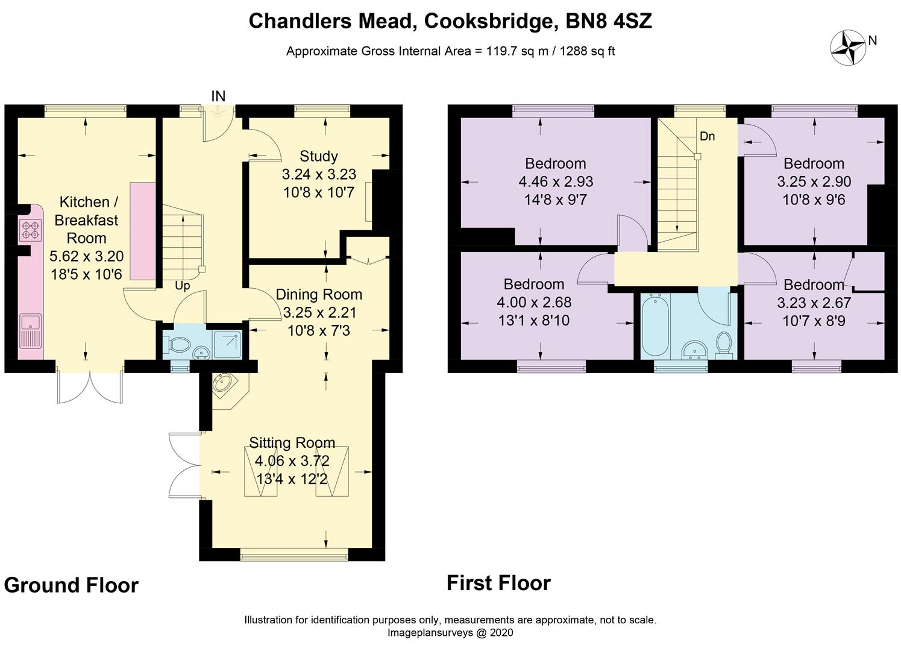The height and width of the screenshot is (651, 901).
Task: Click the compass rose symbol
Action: click(848, 47)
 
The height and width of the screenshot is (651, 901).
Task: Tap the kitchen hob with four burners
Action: click(30, 230)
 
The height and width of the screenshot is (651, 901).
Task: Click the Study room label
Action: click(319, 156)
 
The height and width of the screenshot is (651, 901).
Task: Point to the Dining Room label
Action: click(319, 295)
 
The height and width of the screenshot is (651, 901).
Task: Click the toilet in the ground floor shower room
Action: click(179, 344)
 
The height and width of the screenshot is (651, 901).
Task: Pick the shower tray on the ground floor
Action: click(227, 344)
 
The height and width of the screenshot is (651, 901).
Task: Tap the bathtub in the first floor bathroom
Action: click(656, 325)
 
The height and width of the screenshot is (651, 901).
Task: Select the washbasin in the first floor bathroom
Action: click(695, 349)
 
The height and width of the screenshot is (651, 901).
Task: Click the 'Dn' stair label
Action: click(707, 136)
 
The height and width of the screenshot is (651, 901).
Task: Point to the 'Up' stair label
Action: click(182, 286)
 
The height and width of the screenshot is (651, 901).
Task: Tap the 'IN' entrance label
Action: click(218, 96)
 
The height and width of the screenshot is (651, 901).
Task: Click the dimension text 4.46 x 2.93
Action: click(556, 181)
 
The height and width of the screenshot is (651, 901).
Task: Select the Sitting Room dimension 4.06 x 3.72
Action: click(292, 461)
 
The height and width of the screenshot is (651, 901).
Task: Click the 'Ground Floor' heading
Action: click(71, 585)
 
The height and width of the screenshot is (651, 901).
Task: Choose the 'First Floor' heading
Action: click(499, 583)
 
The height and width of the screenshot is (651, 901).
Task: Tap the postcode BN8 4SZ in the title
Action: click(609, 21)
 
